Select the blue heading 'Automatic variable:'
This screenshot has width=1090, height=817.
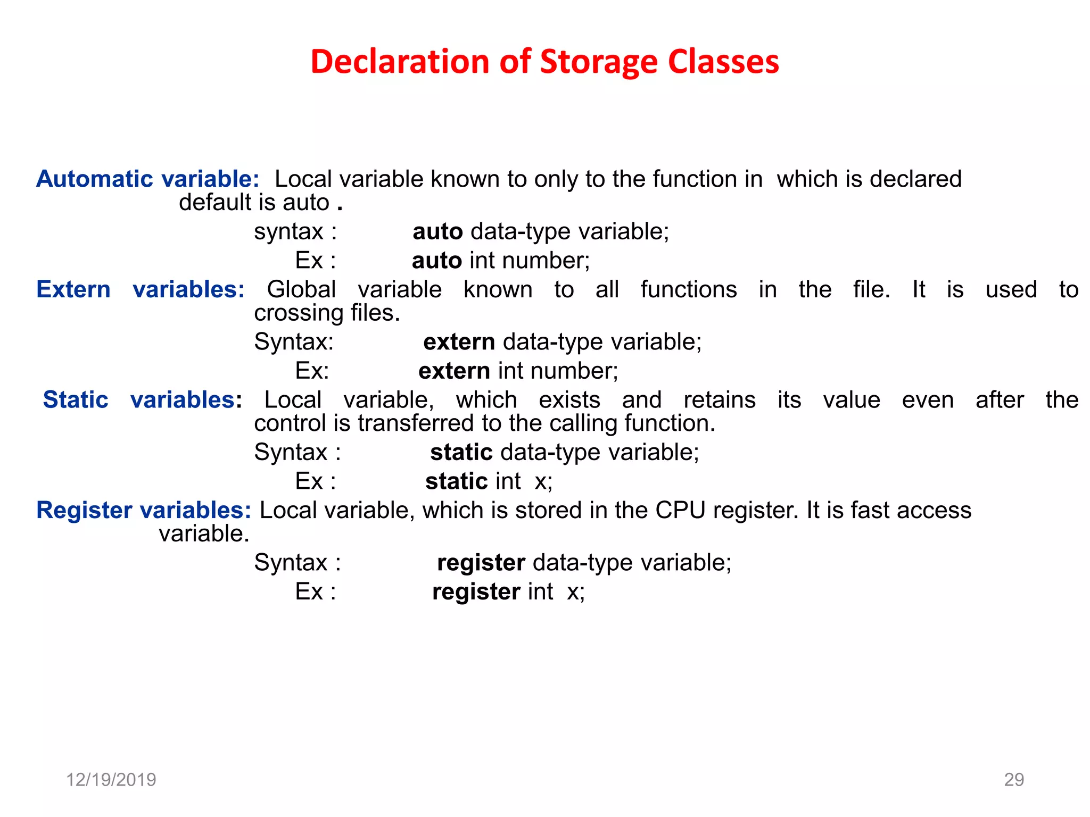[x=147, y=179]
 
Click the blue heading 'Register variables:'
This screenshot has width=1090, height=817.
[x=143, y=510]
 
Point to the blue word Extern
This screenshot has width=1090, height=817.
[x=73, y=289]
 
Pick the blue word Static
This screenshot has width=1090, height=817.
[x=76, y=400]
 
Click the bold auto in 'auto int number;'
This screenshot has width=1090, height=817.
[x=437, y=261]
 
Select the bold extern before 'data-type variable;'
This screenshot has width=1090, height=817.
[x=459, y=342]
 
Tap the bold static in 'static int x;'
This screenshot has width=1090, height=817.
[x=457, y=481]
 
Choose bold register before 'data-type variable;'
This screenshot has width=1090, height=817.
[x=481, y=563]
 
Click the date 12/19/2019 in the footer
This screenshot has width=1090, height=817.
[x=111, y=780]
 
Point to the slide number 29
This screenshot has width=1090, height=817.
[x=1014, y=780]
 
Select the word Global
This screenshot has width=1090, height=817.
[x=301, y=289]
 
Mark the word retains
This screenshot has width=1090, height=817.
[x=720, y=400]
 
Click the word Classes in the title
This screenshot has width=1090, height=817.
[x=723, y=62]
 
